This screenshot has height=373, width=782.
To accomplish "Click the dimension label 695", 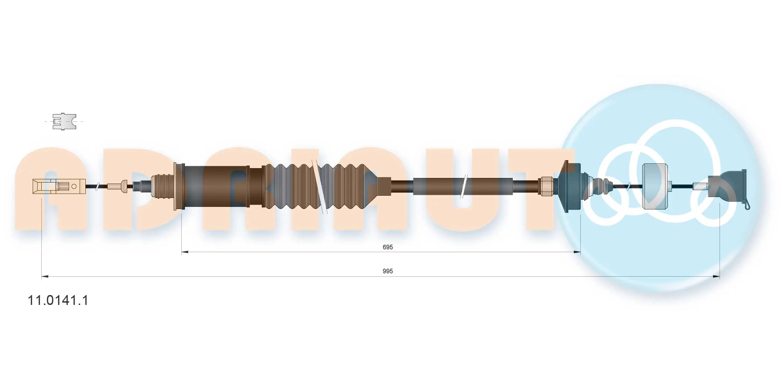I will [x=388, y=247].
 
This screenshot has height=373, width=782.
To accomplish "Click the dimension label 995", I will [x=388, y=271].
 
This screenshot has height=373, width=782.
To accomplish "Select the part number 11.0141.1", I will [x=58, y=300].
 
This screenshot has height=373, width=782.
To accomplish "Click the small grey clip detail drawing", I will [x=64, y=121].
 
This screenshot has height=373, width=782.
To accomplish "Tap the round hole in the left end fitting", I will [x=74, y=186].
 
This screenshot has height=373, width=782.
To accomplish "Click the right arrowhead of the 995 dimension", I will [x=716, y=277].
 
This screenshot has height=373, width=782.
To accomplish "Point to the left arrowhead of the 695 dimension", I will [x=185, y=252].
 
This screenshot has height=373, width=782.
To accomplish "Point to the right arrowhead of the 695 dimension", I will [x=577, y=252].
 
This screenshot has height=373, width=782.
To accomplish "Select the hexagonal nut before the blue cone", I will [x=545, y=186].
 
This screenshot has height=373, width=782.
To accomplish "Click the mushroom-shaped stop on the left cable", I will [x=124, y=186].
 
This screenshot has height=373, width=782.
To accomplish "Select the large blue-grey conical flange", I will [x=568, y=186].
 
